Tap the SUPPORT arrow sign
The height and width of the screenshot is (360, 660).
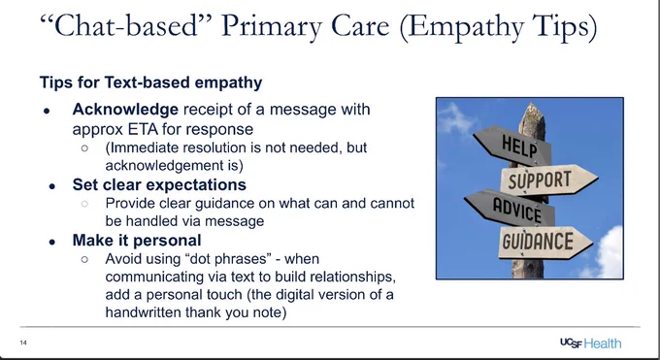(548, 180)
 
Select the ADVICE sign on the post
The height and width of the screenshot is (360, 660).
(511, 208)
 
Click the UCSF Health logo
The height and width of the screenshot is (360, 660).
(590, 344)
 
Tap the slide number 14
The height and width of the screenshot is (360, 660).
(23, 343)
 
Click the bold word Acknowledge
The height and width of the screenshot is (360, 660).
(125, 110)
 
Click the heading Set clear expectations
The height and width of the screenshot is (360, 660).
(159, 184)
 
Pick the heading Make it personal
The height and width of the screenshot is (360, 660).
(137, 241)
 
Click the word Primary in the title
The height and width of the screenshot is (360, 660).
(272, 26)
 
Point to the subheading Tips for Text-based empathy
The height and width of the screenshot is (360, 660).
(150, 82)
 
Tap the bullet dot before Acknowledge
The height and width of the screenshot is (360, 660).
(47, 111)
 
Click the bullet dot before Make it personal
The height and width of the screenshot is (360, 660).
(52, 242)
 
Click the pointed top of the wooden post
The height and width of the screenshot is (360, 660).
(533, 104)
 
